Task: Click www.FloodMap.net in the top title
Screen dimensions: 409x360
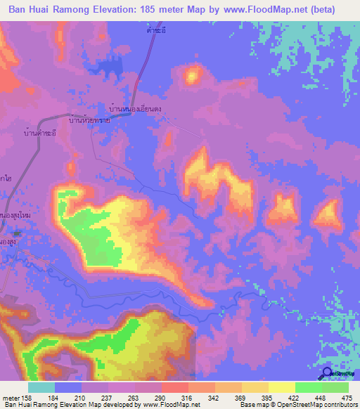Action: pos(264,10)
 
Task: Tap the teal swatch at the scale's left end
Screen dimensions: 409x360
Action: pos(41,387)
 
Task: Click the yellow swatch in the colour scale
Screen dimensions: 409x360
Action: pos(281,387)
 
